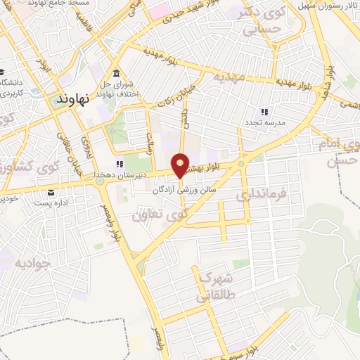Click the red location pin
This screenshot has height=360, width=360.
(180, 165)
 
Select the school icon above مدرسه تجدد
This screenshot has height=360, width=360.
(264, 112)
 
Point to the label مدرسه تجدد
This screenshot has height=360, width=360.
(264, 124)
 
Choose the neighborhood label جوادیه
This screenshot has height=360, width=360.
(32, 264)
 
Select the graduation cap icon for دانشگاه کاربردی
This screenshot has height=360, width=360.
(3, 73)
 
